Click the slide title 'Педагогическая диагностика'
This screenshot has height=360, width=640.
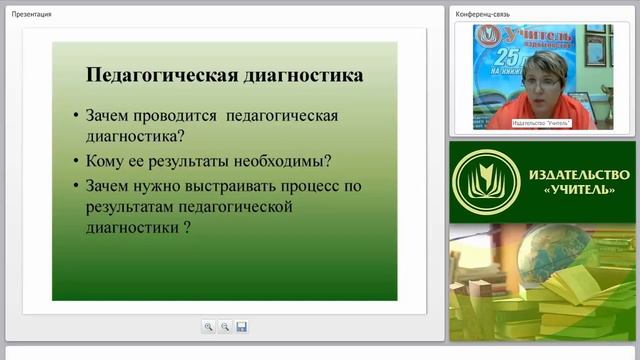pyautogui.click(x=224, y=75)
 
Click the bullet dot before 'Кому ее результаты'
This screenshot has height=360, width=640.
pyautogui.click(x=77, y=161)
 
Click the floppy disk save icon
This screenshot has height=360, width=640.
pyautogui.click(x=241, y=326)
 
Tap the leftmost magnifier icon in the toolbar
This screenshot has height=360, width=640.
pyautogui.click(x=208, y=326)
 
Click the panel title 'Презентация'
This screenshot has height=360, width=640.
pyautogui.click(x=32, y=14)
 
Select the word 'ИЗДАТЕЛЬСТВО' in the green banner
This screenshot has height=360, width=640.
pyautogui.click(x=570, y=173)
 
